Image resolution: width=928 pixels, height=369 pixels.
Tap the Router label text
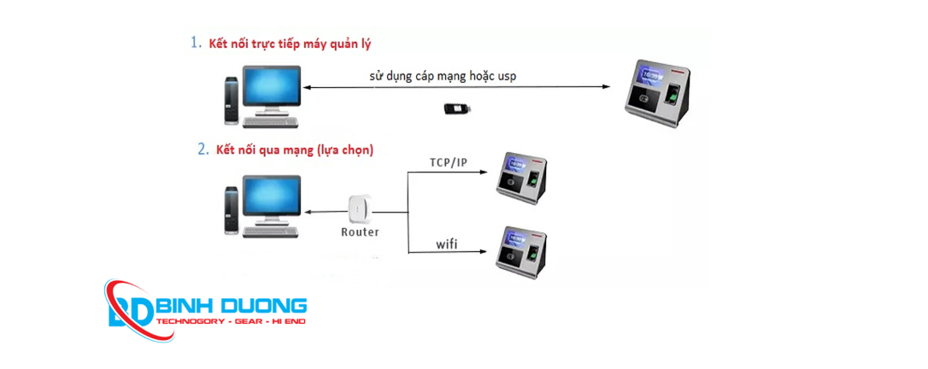(x=360, y=231)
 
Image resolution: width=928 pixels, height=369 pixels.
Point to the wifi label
(x=447, y=244)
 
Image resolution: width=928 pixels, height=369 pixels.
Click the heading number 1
(x=196, y=42)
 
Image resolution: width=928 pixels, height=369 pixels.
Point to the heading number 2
(x=203, y=149)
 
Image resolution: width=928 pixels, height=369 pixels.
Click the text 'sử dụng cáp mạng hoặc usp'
(x=443, y=76)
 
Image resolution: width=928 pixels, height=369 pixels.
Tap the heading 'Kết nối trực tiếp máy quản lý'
(x=291, y=43)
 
